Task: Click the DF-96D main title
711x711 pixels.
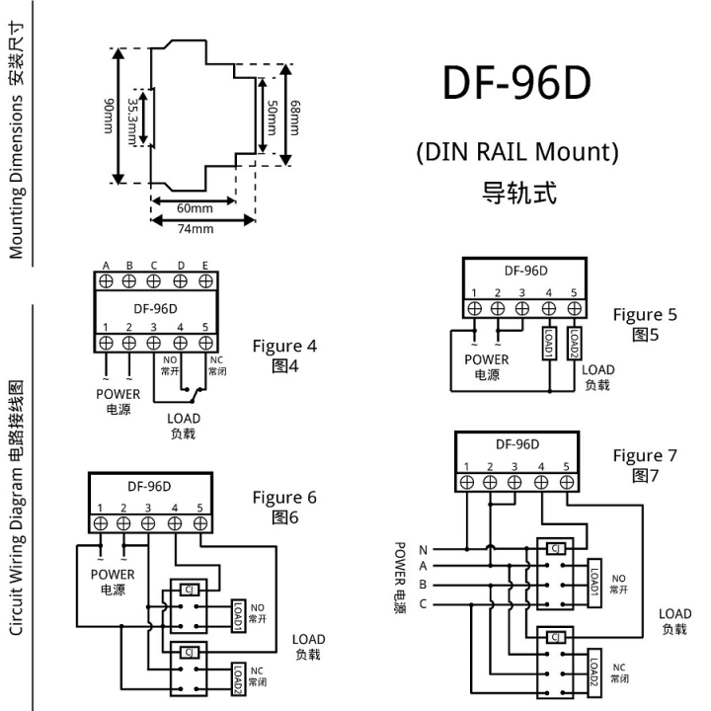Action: point(516,85)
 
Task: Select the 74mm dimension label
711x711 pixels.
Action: point(195,228)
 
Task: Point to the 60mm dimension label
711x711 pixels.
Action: point(195,208)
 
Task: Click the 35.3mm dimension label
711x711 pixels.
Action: point(135,116)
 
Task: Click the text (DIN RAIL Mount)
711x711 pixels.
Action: point(517,152)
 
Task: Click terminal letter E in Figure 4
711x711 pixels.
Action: point(205,265)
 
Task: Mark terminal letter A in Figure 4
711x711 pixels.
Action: point(105,265)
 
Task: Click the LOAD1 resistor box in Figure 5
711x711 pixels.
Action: point(548,346)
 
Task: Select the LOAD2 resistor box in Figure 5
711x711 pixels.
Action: point(573,346)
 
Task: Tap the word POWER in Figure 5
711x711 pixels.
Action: point(486,359)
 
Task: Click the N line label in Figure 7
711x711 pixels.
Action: point(424,549)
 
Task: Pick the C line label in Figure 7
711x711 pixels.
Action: point(424,603)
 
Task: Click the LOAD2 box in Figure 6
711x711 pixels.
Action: point(237,679)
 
